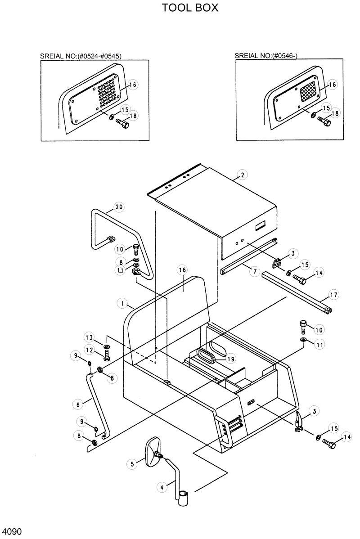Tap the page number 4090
tap(12, 531)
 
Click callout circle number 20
tap(118, 207)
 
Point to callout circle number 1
tap(122, 303)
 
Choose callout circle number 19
tap(230, 359)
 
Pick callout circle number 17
tap(333, 295)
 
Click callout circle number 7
tap(254, 271)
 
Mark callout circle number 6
tap(78, 404)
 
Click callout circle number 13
tap(90, 337)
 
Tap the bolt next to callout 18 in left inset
tap(122, 122)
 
